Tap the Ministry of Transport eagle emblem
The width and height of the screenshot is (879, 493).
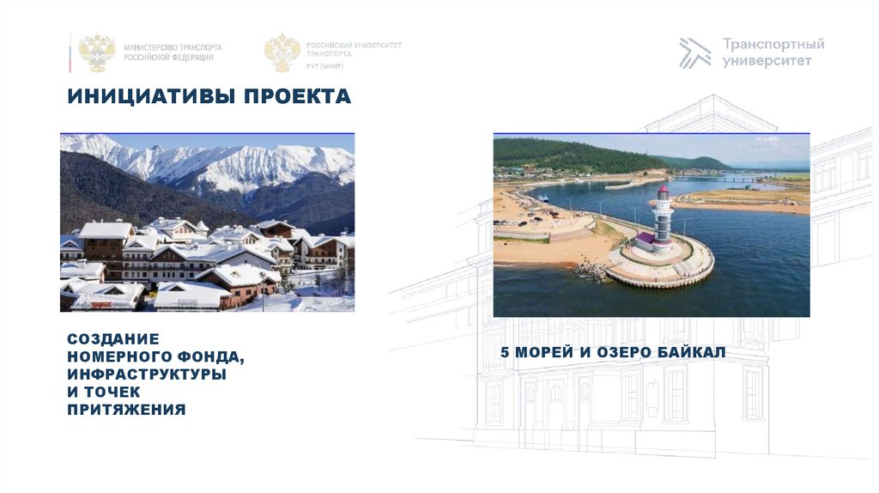tap(97, 52)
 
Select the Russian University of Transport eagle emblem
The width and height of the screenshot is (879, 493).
tap(282, 52)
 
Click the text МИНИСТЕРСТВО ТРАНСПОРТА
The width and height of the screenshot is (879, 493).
tap(173, 47)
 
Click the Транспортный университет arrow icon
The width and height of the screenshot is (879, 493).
tap(694, 52)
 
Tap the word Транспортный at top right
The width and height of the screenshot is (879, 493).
tap(773, 44)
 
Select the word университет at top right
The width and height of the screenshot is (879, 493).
tap(767, 61)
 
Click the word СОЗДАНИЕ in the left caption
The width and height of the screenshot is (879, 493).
tap(113, 339)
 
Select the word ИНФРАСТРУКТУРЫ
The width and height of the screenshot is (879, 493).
tap(147, 374)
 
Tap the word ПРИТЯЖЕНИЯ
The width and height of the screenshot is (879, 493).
tap(126, 410)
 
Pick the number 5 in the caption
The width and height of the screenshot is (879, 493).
tap(505, 352)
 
